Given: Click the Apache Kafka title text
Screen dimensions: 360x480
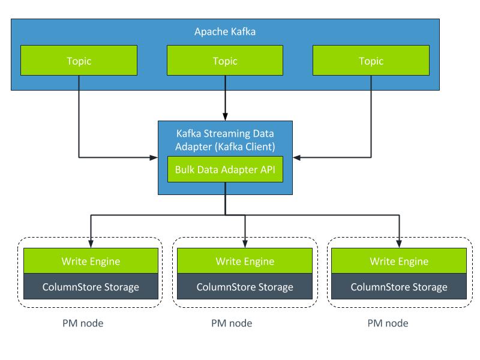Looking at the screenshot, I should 225,32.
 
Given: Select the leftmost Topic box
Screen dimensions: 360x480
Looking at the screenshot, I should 79,61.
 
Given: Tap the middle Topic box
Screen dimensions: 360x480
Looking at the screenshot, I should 225,61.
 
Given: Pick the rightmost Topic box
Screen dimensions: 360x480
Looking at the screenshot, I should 371,61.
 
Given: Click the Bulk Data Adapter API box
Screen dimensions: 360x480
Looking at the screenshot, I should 225,169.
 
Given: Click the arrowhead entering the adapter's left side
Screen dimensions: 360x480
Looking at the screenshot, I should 154,158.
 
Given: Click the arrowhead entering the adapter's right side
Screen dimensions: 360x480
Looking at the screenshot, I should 298,158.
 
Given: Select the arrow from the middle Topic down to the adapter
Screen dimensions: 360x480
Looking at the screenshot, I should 225,96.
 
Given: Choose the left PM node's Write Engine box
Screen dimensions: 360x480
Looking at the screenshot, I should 91,261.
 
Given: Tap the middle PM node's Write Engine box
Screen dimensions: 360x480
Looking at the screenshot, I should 245,261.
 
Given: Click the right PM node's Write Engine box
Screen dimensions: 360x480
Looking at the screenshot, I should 399,261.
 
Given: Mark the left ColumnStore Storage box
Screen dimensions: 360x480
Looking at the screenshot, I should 91,287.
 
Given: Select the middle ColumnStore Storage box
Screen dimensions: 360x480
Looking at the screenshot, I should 245,287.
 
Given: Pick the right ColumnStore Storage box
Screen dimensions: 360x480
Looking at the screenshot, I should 399,287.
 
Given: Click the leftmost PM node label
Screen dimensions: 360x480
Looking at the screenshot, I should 83,323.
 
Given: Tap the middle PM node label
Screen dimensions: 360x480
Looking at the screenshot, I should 232,323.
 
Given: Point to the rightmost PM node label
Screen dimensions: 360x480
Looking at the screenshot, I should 388,323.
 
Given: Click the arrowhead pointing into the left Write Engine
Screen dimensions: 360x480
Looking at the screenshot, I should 91,243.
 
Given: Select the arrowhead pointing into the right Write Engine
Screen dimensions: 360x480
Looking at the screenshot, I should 399,243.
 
